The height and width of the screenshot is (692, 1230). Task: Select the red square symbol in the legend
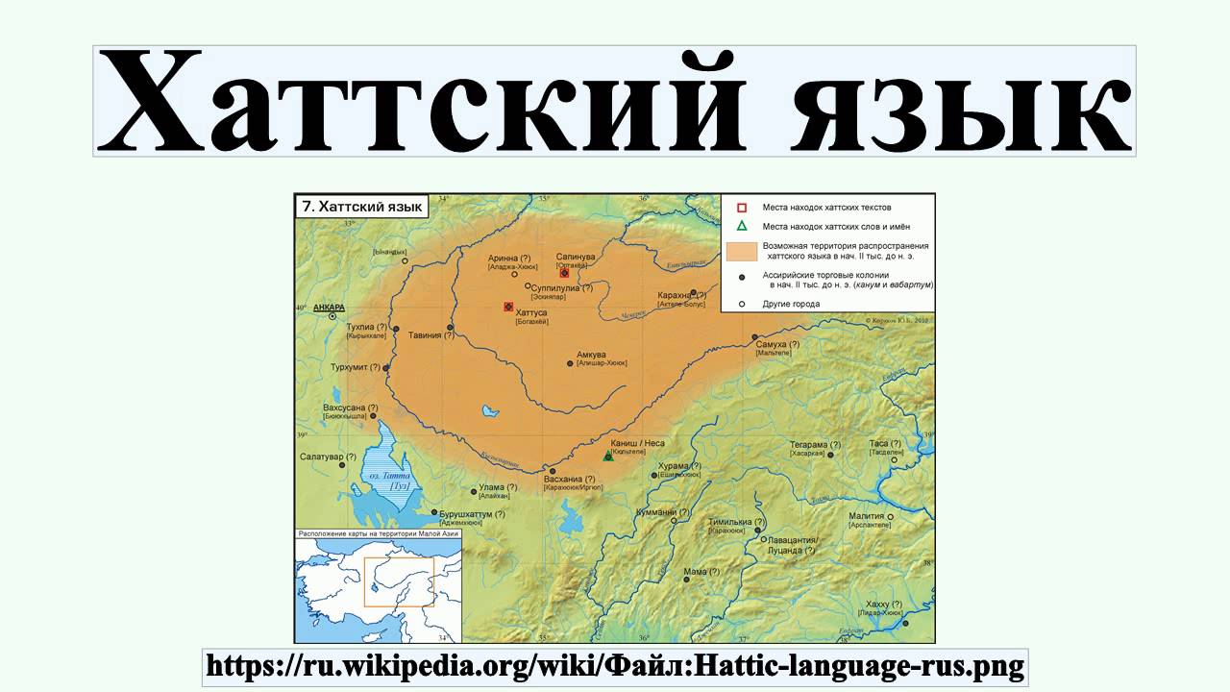pyautogui.click(x=742, y=208)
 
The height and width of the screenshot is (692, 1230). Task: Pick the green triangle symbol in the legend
pyautogui.click(x=742, y=227)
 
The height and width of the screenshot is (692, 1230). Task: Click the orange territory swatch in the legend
pyautogui.click(x=741, y=252)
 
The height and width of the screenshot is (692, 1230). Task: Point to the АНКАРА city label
pyautogui.click(x=329, y=308)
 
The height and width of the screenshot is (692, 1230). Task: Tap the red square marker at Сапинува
pyautogui.click(x=564, y=273)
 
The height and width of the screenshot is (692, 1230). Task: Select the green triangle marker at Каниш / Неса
pyautogui.click(x=608, y=456)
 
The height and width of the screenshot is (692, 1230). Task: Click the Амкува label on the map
pyautogui.click(x=590, y=354)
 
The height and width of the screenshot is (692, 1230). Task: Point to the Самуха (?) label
pyautogui.click(x=778, y=343)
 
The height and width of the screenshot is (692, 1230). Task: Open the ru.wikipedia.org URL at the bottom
pyautogui.click(x=615, y=665)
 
